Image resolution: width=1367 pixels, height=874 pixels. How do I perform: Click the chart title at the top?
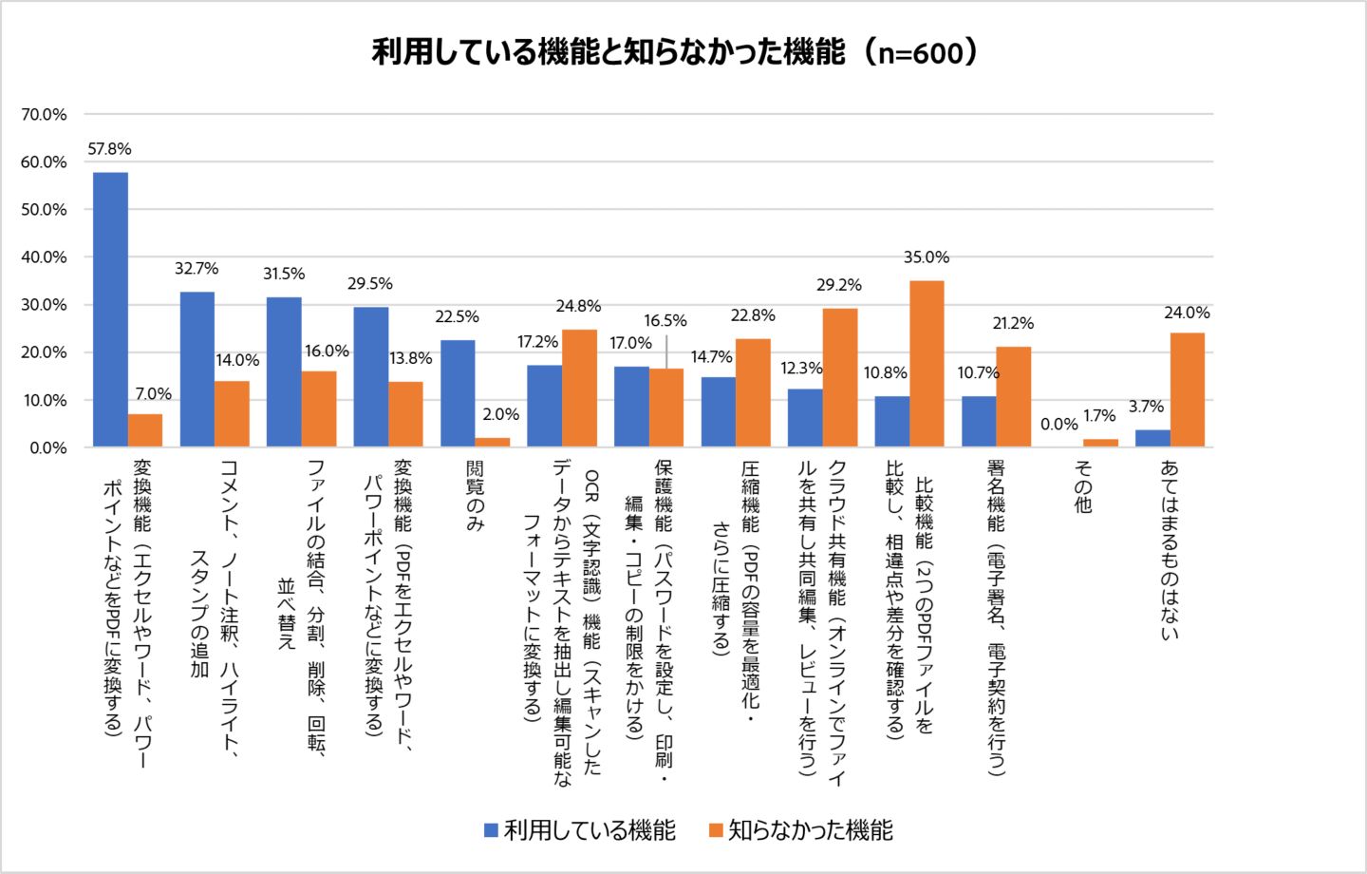pyautogui.click(x=675, y=51)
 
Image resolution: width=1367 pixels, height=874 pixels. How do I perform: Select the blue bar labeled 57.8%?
pyautogui.click(x=110, y=309)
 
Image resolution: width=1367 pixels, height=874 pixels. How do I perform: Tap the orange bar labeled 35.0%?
pyautogui.click(x=927, y=363)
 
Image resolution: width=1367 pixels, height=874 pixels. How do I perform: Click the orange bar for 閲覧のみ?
pyautogui.click(x=493, y=442)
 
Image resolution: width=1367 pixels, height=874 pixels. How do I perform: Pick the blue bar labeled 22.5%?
pyautogui.click(x=458, y=393)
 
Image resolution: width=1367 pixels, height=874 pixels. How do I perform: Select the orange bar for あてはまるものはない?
pyautogui.click(x=1187, y=389)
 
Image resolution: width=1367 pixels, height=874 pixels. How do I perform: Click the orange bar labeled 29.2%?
pyautogui.click(x=839, y=377)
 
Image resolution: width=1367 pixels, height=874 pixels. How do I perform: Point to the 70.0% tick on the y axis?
pyautogui.click(x=45, y=115)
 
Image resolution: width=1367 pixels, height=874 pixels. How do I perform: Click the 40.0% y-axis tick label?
pyautogui.click(x=45, y=257)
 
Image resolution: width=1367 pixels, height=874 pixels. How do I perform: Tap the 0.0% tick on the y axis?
pyautogui.click(x=47, y=447)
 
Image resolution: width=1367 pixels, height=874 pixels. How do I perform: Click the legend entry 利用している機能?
pyautogui.click(x=580, y=830)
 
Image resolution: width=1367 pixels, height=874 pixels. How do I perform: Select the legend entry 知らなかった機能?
pyautogui.click(x=801, y=830)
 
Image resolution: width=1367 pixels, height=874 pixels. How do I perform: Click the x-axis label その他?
pyautogui.click(x=1083, y=486)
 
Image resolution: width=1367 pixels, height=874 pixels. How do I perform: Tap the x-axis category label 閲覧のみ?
pyautogui.click(x=475, y=496)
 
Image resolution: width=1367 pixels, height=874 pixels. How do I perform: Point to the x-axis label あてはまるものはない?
pyautogui.click(x=1170, y=549)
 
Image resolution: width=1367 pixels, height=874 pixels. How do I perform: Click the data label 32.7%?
pyautogui.click(x=197, y=269)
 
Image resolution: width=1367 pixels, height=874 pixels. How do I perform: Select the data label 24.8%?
pyautogui.click(x=578, y=306)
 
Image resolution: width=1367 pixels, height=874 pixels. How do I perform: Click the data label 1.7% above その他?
pyautogui.click(x=1099, y=416)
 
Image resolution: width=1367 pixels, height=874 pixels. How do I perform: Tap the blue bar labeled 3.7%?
pyautogui.click(x=1152, y=438)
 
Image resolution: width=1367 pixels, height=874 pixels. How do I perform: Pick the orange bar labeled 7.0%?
pyautogui.click(x=145, y=430)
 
